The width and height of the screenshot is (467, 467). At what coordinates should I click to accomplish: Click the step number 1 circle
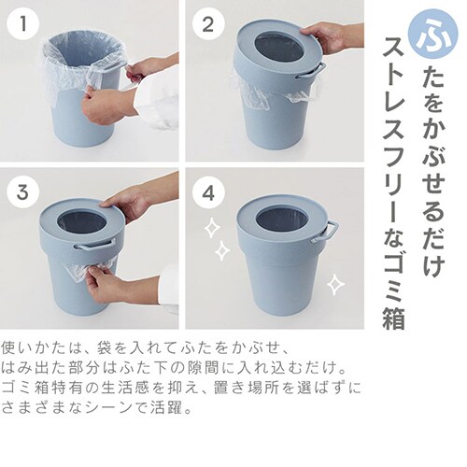[23, 24]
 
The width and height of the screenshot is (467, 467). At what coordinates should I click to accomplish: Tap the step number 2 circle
[208, 24]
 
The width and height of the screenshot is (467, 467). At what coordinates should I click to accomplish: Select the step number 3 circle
[23, 192]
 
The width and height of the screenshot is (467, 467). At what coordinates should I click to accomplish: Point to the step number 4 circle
[208, 192]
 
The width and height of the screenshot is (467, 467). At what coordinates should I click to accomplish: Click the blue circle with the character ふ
[434, 35]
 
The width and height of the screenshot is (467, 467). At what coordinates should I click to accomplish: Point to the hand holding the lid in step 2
[330, 36]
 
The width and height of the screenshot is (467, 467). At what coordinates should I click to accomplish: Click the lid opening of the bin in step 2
[278, 48]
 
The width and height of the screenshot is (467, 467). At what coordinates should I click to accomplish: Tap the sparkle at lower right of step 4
[335, 284]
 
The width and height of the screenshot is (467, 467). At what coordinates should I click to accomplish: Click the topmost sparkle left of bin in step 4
[212, 228]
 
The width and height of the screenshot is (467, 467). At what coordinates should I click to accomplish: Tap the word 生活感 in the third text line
[132, 388]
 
